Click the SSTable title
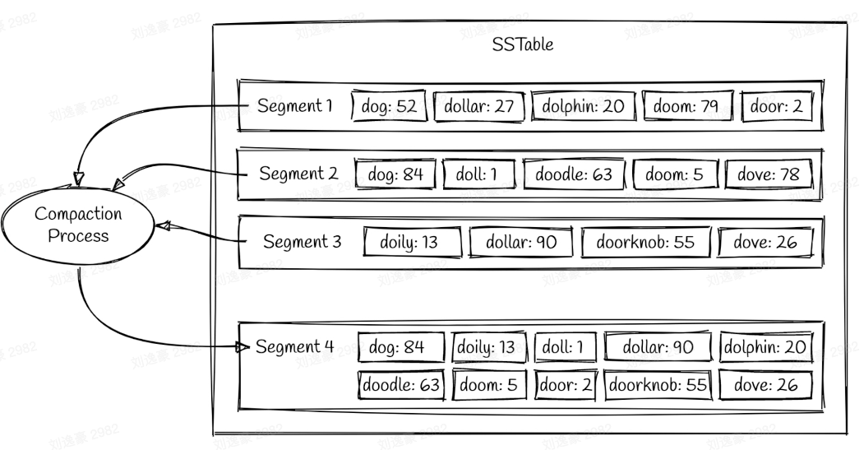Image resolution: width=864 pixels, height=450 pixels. click(x=522, y=44)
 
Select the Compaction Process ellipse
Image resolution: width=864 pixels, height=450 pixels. click(x=78, y=225)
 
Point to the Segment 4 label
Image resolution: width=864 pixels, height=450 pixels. click(x=294, y=346)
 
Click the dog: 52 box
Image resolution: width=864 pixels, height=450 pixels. click(x=388, y=106)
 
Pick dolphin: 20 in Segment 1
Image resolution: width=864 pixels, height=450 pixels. click(x=583, y=106)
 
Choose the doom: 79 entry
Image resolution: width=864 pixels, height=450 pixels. click(x=687, y=106)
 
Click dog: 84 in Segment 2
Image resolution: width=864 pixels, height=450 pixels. click(x=395, y=174)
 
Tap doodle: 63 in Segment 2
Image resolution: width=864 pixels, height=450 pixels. click(x=573, y=174)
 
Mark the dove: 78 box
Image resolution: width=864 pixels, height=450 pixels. click(x=768, y=174)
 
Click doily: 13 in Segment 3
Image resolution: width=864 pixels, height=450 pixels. click(x=409, y=243)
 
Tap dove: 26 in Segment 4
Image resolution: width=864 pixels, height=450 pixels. click(x=765, y=384)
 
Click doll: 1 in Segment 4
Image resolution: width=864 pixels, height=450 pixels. click(x=563, y=347)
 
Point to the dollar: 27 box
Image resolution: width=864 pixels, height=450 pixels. click(x=478, y=106)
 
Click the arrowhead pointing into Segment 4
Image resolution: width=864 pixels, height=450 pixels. click(x=243, y=347)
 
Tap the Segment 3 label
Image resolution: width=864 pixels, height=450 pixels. click(x=302, y=242)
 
